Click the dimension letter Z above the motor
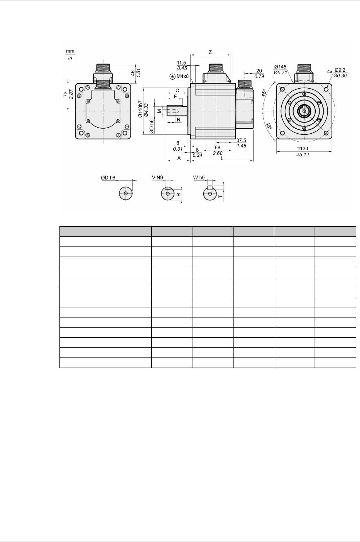pos(210,52)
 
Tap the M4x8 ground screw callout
pos(182,76)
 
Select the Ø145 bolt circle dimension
pos(280,67)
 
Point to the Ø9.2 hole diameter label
pos(340,70)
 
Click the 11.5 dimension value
pos(182,63)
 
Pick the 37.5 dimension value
pos(241,140)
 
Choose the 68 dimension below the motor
pos(218,147)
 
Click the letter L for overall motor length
pos(222,158)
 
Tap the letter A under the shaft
pos(179,158)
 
